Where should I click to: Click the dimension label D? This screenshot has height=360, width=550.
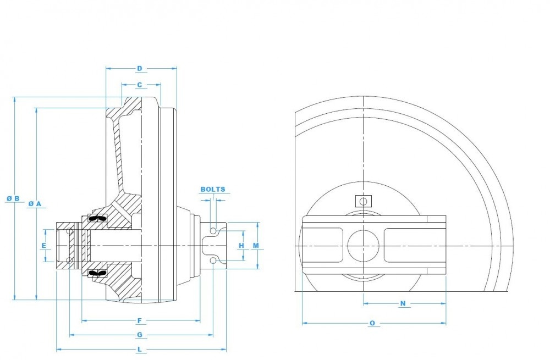click(x=140, y=69)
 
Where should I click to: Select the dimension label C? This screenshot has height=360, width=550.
click(x=140, y=85)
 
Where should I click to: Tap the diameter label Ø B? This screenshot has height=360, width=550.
click(x=14, y=198)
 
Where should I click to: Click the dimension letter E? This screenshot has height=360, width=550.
click(x=45, y=246)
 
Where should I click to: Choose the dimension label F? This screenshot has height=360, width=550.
click(x=140, y=320)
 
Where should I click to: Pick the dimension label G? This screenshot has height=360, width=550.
click(x=140, y=335)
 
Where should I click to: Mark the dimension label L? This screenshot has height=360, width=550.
click(x=140, y=350)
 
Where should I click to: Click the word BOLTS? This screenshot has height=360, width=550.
click(x=213, y=189)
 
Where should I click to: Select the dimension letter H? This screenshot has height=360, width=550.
click(x=241, y=245)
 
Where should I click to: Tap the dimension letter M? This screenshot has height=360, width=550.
click(x=256, y=245)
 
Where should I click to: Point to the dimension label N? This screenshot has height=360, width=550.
click(x=403, y=303)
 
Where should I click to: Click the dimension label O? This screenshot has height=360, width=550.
click(x=372, y=323)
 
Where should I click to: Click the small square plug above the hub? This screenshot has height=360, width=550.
click(x=363, y=201)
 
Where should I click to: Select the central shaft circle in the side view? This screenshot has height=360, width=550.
click(x=363, y=245)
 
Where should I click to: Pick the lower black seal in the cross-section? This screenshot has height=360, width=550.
click(x=96, y=273)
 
